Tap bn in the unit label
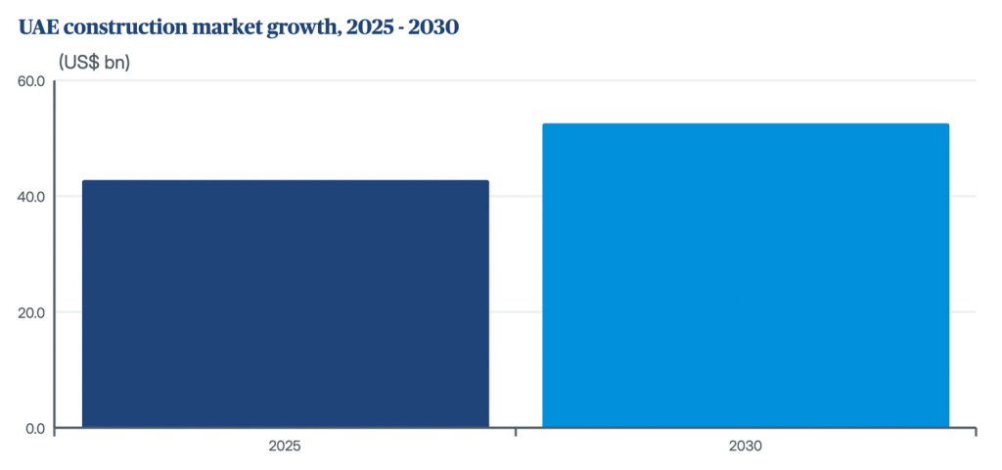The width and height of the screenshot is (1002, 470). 117,63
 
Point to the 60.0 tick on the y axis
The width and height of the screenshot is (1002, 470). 31,80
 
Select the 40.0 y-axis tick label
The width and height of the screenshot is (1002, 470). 31,197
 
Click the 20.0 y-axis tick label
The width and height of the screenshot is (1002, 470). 31,312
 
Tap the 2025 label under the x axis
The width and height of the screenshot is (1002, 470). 285,446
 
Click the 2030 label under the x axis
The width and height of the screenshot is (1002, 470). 746,446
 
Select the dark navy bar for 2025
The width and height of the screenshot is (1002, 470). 285,304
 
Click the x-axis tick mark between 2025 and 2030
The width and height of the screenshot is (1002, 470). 516,432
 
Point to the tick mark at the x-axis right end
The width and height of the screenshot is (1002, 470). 976,432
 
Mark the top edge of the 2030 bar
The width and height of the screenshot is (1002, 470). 746,124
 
